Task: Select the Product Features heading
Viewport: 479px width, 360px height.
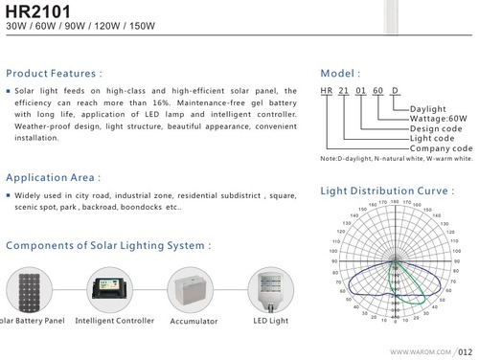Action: [54, 73]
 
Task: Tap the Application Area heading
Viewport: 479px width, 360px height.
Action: [53, 177]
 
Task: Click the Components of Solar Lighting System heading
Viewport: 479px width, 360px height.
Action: [108, 245]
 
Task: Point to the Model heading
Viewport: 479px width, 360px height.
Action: [341, 73]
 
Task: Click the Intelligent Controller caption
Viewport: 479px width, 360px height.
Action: [114, 321]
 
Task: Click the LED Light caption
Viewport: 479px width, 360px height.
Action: [270, 321]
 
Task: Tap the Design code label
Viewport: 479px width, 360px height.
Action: [437, 128]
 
